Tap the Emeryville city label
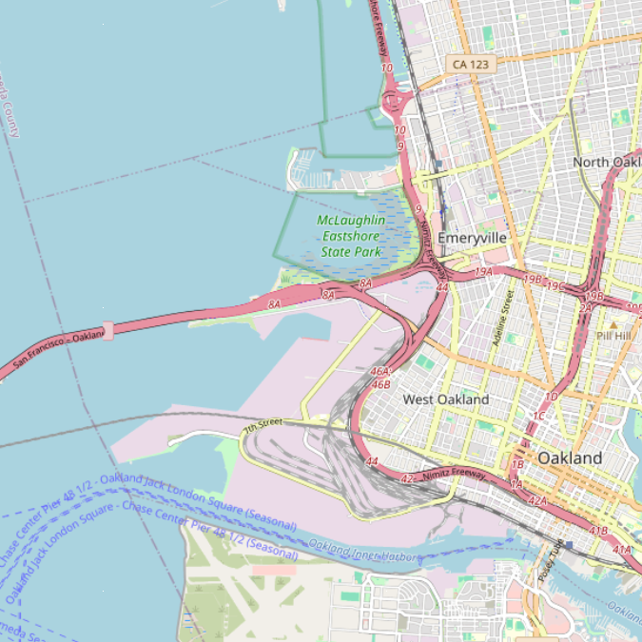point(472,238)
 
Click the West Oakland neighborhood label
point(446,399)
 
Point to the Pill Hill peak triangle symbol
point(613,325)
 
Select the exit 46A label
point(380,372)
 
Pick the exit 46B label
point(381,384)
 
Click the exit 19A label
point(483,272)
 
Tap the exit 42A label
point(538,500)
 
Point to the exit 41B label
point(598,531)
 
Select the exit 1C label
point(538,417)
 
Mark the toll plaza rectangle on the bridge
point(107,331)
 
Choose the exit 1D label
point(551,397)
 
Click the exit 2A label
point(585,307)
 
